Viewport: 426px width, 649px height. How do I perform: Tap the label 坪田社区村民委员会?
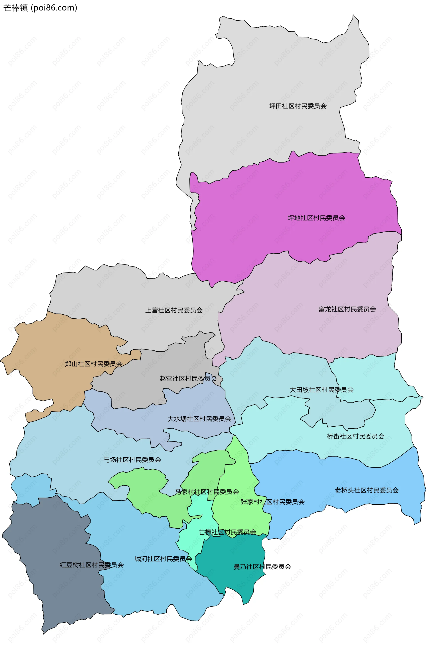click(x=298, y=106)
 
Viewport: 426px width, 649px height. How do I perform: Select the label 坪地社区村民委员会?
click(x=316, y=218)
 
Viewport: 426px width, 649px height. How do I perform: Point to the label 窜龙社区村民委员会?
click(x=347, y=309)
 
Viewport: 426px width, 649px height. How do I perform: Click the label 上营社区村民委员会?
click(x=174, y=310)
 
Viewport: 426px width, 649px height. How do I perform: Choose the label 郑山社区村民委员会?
click(x=94, y=364)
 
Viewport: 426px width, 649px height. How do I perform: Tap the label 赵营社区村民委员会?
click(x=188, y=378)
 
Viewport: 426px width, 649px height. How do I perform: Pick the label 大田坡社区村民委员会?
click(x=321, y=390)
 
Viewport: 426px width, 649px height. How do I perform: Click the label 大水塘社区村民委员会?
click(x=199, y=419)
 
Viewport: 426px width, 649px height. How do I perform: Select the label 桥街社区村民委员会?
click(x=356, y=436)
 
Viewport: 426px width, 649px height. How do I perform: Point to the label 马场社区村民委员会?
click(x=132, y=460)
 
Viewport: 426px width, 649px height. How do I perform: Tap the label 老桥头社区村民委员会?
click(x=367, y=490)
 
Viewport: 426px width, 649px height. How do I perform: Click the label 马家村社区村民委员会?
click(x=207, y=492)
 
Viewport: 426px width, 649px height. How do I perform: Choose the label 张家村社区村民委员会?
click(x=272, y=502)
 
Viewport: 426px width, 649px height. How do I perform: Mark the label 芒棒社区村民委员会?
click(x=227, y=532)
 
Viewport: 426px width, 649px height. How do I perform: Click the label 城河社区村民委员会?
click(x=163, y=559)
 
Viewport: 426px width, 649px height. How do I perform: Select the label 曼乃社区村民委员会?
click(x=262, y=567)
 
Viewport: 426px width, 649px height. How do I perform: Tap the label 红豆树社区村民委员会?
click(x=92, y=565)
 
